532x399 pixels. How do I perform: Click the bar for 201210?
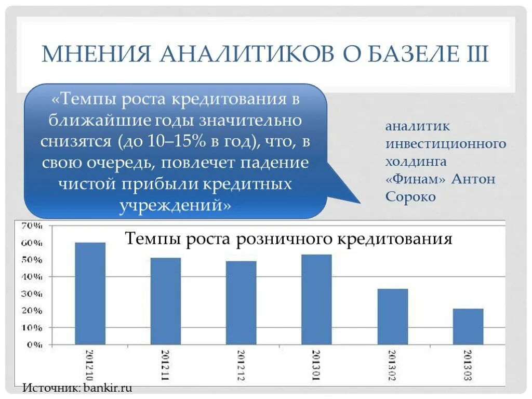pyautogui.click(x=90, y=294)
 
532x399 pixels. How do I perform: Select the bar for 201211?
pyautogui.click(x=166, y=301)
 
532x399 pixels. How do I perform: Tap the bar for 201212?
pyautogui.click(x=241, y=303)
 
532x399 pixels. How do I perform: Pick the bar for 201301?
pyautogui.click(x=316, y=299)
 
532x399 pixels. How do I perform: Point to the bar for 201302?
pyautogui.click(x=392, y=316)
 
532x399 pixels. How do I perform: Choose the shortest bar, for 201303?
pyautogui.click(x=468, y=326)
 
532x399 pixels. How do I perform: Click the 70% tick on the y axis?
pyautogui.click(x=32, y=226)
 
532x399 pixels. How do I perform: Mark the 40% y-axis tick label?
pyautogui.click(x=32, y=277)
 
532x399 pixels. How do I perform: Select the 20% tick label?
pyautogui.click(x=32, y=311)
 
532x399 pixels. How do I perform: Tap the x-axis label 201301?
pyautogui.click(x=316, y=365)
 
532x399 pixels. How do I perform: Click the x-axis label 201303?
pyautogui.click(x=468, y=365)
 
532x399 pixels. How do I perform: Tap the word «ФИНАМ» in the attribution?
pyautogui.click(x=415, y=179)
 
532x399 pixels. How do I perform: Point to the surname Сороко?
pyautogui.click(x=410, y=197)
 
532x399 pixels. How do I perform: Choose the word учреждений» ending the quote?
pyautogui.click(x=176, y=206)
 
